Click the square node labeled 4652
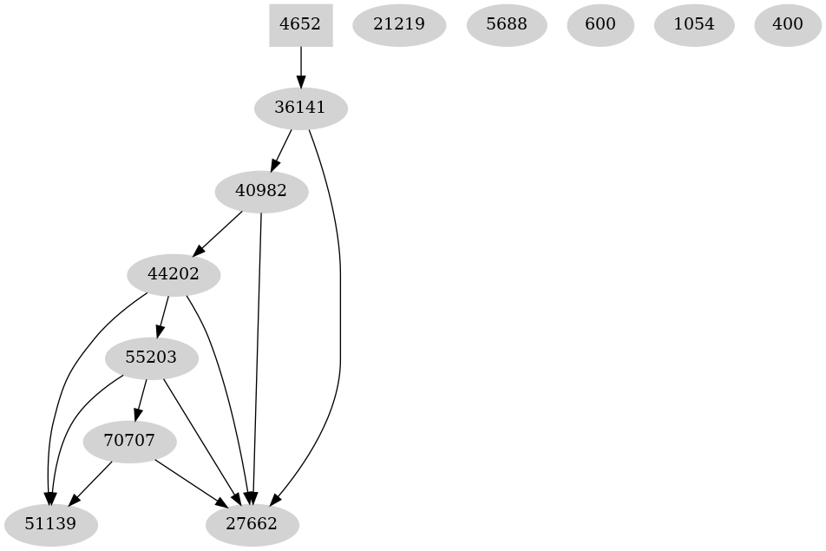point(300,25)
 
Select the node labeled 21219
point(399,25)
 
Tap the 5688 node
point(507,25)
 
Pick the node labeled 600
point(600,25)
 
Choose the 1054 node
point(694,25)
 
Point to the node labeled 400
point(787,25)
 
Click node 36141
point(300,108)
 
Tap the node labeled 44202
point(174,275)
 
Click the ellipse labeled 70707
point(129,442)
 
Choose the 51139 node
point(50,525)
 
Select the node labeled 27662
point(252,525)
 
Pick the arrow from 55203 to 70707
point(141,399)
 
